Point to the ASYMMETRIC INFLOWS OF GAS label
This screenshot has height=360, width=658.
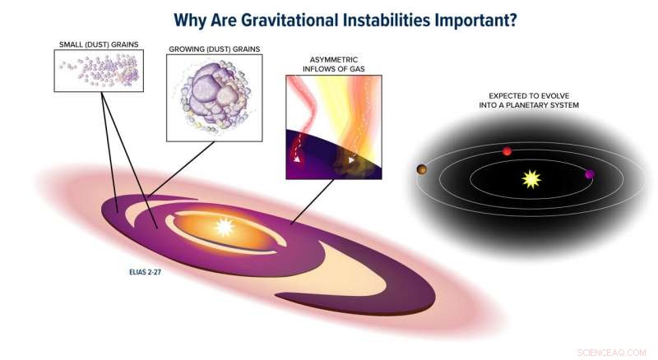pos(333,64)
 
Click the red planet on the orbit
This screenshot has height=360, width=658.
pos(507,151)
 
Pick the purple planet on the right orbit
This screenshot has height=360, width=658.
pos(589,174)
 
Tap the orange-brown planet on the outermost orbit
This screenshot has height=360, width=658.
pos(421,169)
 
